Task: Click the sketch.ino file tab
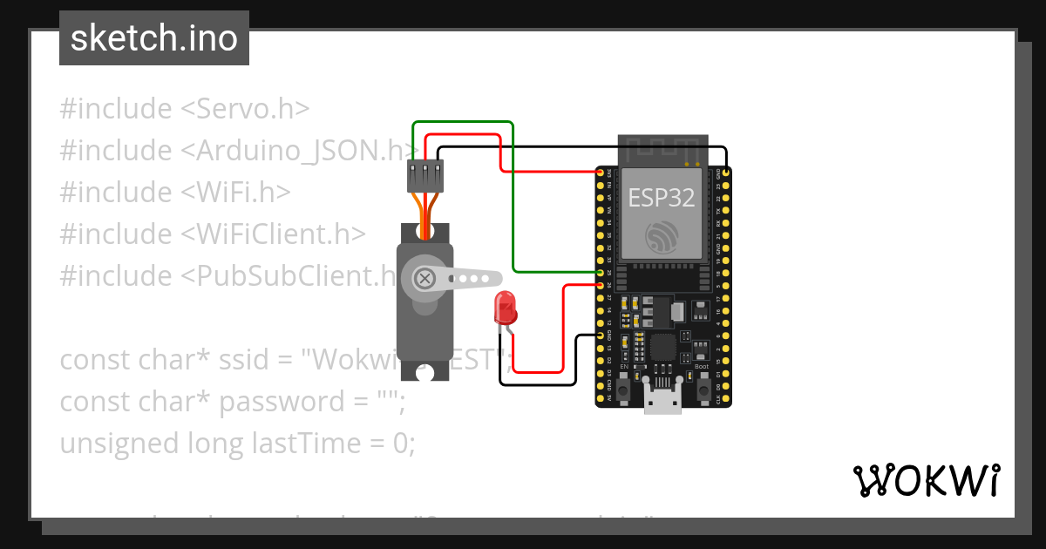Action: point(154,39)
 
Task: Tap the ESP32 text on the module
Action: point(662,198)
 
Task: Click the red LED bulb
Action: point(505,307)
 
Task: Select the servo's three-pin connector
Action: point(425,176)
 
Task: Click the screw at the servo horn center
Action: point(425,279)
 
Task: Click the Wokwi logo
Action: point(926,480)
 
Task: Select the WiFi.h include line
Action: point(175,192)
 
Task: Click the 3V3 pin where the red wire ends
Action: point(601,173)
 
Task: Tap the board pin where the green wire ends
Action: point(601,274)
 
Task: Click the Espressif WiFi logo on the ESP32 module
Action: point(662,236)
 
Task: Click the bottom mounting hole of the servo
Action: point(425,372)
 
